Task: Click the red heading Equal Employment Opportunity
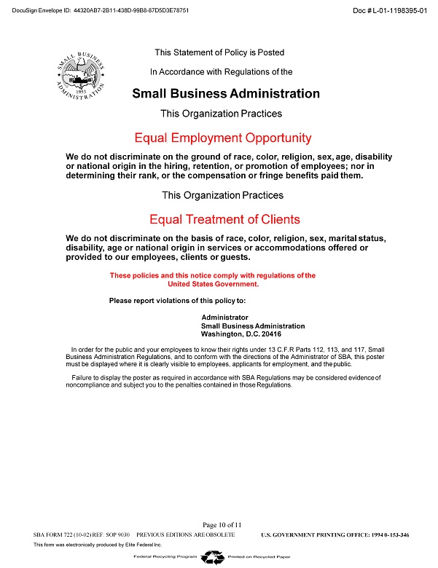point(223,138)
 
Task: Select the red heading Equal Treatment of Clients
point(224,219)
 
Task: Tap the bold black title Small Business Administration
point(226,93)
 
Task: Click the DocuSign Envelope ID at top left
point(102,12)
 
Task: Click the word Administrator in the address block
point(224,317)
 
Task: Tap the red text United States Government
point(214,284)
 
